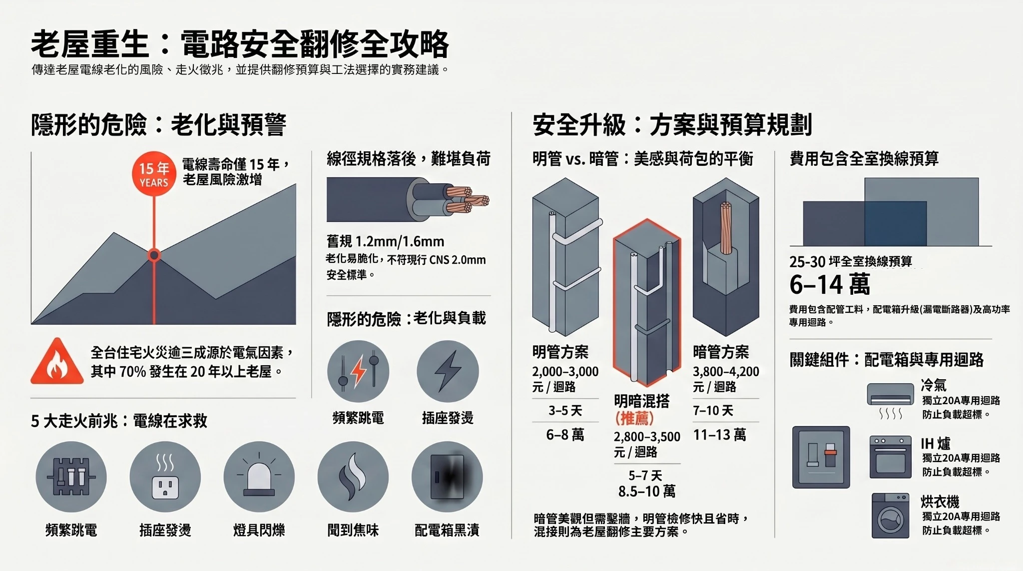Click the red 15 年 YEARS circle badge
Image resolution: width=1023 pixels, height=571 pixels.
click(154, 173)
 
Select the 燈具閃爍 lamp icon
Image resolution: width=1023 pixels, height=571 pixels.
click(259, 477)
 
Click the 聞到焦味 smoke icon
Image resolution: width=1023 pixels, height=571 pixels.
click(353, 477)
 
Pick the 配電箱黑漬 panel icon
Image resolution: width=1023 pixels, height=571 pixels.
click(447, 477)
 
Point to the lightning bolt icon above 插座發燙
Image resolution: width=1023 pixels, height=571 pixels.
click(448, 371)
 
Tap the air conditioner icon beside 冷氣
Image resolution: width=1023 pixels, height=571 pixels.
click(891, 394)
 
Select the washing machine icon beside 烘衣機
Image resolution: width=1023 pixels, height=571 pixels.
click(891, 516)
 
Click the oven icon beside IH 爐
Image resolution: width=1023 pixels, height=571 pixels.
click(891, 457)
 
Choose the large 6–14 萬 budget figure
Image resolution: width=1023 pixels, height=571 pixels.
click(830, 285)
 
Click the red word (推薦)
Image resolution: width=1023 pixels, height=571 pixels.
click(634, 418)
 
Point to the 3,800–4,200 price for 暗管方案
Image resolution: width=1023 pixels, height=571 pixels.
click(726, 372)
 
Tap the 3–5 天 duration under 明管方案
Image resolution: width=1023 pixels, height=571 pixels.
click(565, 411)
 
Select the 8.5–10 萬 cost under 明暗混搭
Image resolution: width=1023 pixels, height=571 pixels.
click(647, 492)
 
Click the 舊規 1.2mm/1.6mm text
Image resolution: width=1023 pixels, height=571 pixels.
click(385, 242)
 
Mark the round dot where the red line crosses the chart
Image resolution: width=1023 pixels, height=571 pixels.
click(154, 255)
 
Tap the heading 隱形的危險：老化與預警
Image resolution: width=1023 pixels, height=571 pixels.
click(158, 125)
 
